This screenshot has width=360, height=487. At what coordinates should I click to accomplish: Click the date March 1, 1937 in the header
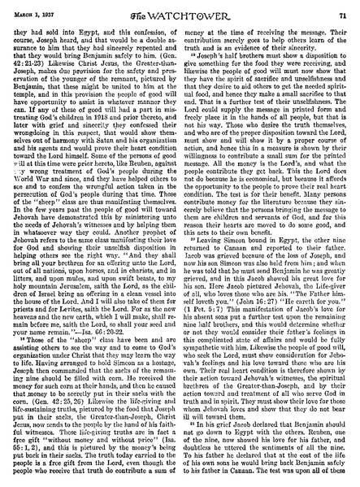pyautogui.click(x=33, y=8)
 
